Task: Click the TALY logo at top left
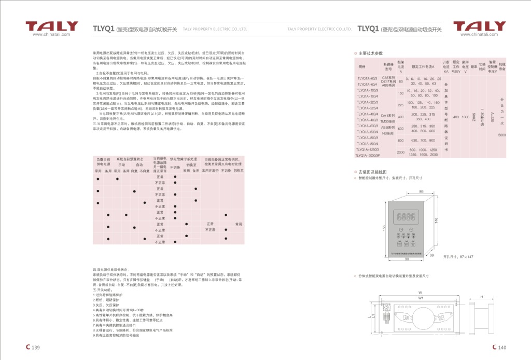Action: point(52,26)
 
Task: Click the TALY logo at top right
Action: point(479,26)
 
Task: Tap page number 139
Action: point(34,348)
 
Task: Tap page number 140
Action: point(499,348)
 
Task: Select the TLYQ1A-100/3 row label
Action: point(368,90)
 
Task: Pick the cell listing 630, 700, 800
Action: point(423,141)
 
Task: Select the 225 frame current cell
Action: point(400,105)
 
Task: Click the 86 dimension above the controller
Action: point(421,191)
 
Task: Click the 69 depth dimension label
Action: point(431,255)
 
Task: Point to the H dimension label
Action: point(482,297)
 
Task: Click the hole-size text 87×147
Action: point(459,256)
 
